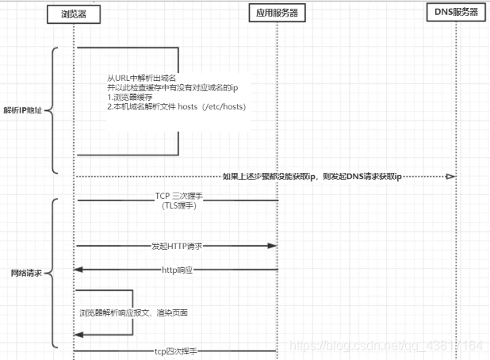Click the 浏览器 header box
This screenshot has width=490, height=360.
(x=73, y=13)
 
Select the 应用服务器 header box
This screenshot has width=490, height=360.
(x=278, y=13)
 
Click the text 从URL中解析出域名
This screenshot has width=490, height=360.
(x=137, y=79)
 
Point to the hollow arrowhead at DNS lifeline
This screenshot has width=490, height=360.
(x=450, y=176)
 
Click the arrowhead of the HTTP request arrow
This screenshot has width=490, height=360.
(x=272, y=247)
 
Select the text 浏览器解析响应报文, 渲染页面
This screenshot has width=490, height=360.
(x=133, y=313)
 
